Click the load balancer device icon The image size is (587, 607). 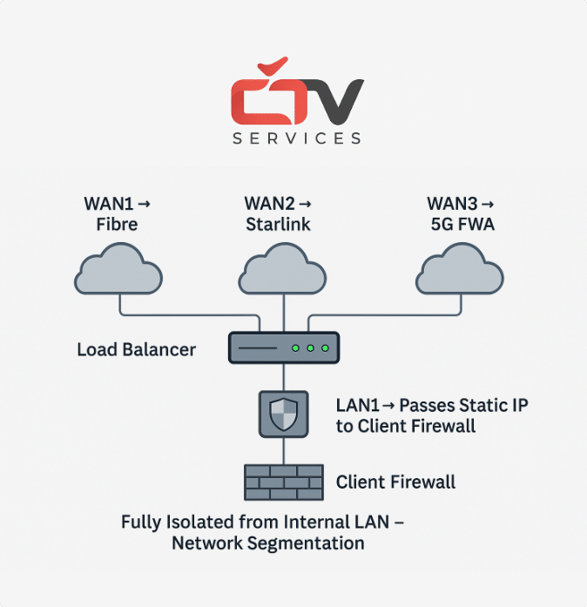click(284, 347)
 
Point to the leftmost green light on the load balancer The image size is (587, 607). click(295, 348)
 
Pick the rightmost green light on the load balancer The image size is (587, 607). click(325, 348)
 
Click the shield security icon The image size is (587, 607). click(284, 415)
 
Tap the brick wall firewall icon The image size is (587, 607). click(284, 482)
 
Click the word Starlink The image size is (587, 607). click(278, 225)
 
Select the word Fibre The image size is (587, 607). click(117, 225)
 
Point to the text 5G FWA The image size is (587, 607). click(462, 225)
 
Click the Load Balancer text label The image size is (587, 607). click(136, 349)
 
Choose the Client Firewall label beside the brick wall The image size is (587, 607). click(395, 482)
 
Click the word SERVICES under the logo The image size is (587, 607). click(297, 138)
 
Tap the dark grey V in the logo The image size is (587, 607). click(330, 101)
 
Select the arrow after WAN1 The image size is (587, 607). click(144, 204)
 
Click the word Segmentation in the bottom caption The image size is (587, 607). click(306, 543)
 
